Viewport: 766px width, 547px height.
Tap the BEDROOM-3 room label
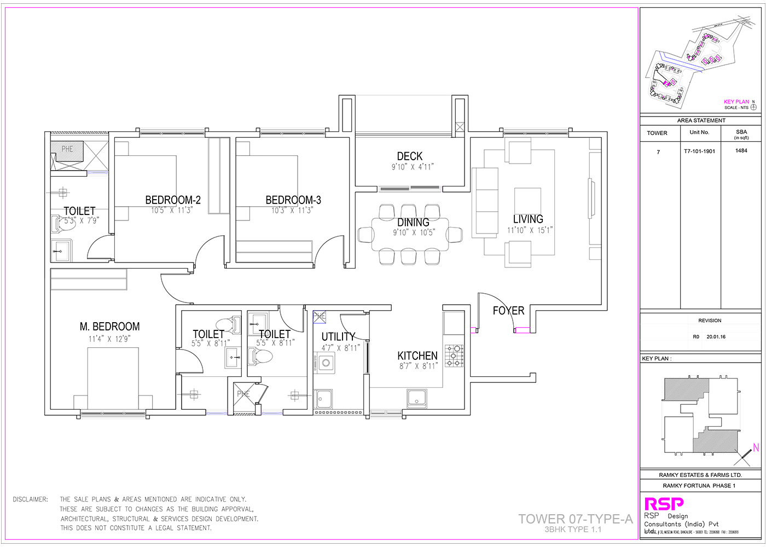293,200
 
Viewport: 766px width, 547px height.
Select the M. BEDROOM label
109,327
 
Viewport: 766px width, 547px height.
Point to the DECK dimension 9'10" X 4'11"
412,167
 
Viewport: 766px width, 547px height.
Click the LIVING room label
528,219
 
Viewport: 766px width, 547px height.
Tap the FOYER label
508,311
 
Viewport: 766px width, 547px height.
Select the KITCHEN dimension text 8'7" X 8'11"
418,366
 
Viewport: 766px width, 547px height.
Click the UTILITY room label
338,337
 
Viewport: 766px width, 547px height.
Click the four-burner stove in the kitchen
454,355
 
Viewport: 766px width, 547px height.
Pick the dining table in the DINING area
410,234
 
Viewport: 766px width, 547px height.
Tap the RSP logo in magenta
664,504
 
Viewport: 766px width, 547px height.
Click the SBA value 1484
741,151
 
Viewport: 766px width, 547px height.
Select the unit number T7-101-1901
699,152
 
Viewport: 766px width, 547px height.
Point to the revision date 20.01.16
716,337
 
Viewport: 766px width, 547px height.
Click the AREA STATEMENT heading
701,120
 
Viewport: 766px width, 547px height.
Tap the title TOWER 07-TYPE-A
575,519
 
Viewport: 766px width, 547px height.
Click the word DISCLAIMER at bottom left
30,499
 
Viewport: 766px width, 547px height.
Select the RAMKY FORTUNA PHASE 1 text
699,486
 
